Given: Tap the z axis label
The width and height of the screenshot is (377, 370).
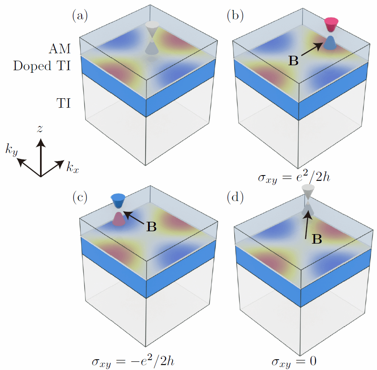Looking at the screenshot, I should click(40, 129).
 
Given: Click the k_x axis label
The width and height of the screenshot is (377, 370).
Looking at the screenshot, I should click(73, 167).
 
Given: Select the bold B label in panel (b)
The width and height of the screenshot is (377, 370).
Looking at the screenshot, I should click(293, 61).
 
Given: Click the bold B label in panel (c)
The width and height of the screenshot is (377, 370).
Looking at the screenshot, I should click(151, 227).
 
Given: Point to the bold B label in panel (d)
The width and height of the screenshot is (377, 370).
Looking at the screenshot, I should click(316, 239).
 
